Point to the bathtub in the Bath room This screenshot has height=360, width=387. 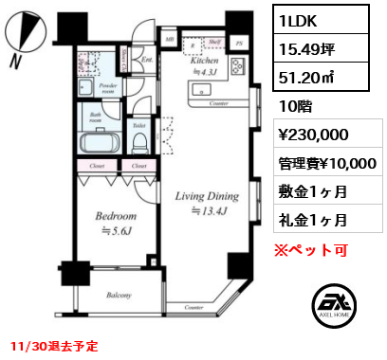[x=95, y=145]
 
